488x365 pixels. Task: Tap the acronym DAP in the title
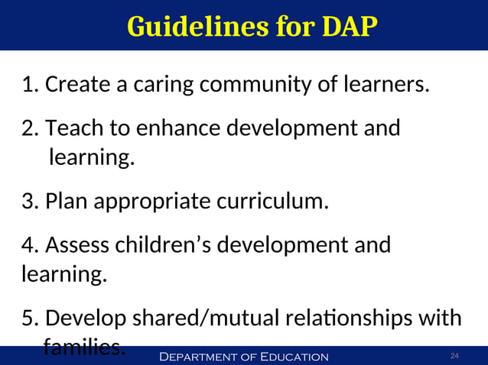[x=348, y=27]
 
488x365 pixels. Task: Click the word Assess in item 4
[x=77, y=246]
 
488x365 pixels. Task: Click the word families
[x=83, y=348]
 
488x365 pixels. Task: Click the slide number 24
[x=454, y=357]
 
